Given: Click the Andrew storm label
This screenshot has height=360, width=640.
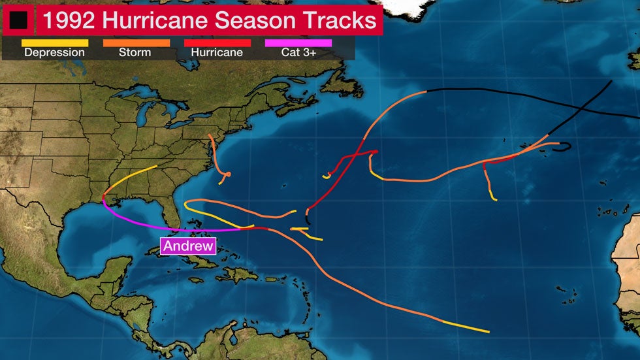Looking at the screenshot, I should tap(188, 246).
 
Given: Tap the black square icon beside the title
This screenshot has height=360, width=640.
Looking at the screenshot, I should tap(18, 20).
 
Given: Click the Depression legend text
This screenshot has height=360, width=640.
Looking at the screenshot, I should tap(54, 53).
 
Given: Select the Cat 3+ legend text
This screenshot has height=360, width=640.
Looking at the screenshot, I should tap(298, 53).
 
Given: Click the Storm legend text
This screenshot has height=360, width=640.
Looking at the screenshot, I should tap(136, 53).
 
